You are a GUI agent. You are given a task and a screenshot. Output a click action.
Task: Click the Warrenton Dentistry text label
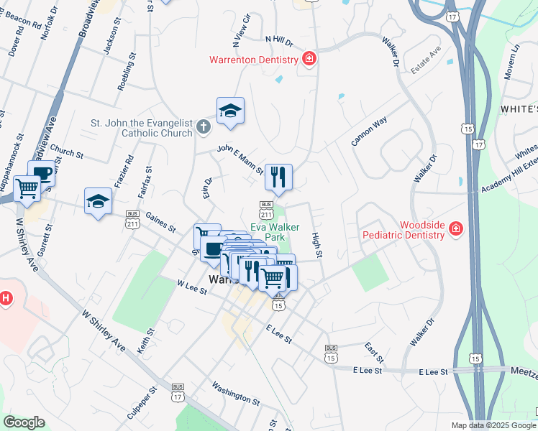[x=253, y=60]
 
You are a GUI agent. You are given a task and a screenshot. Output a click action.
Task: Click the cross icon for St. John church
[x=204, y=128]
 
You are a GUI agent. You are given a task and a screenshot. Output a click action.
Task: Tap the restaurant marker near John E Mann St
[x=278, y=176]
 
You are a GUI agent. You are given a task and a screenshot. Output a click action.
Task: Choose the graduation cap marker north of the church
[x=230, y=111]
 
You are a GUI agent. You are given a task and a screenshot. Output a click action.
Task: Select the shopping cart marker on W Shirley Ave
[x=27, y=189]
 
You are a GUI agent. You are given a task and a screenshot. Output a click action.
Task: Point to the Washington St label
[x=235, y=392]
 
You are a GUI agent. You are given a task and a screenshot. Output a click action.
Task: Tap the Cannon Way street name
[x=369, y=131]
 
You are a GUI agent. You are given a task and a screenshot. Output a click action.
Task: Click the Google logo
[x=24, y=422]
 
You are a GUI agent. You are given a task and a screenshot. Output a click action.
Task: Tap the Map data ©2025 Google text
[x=493, y=425]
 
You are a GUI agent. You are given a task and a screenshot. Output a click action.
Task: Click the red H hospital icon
[x=5, y=297]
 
